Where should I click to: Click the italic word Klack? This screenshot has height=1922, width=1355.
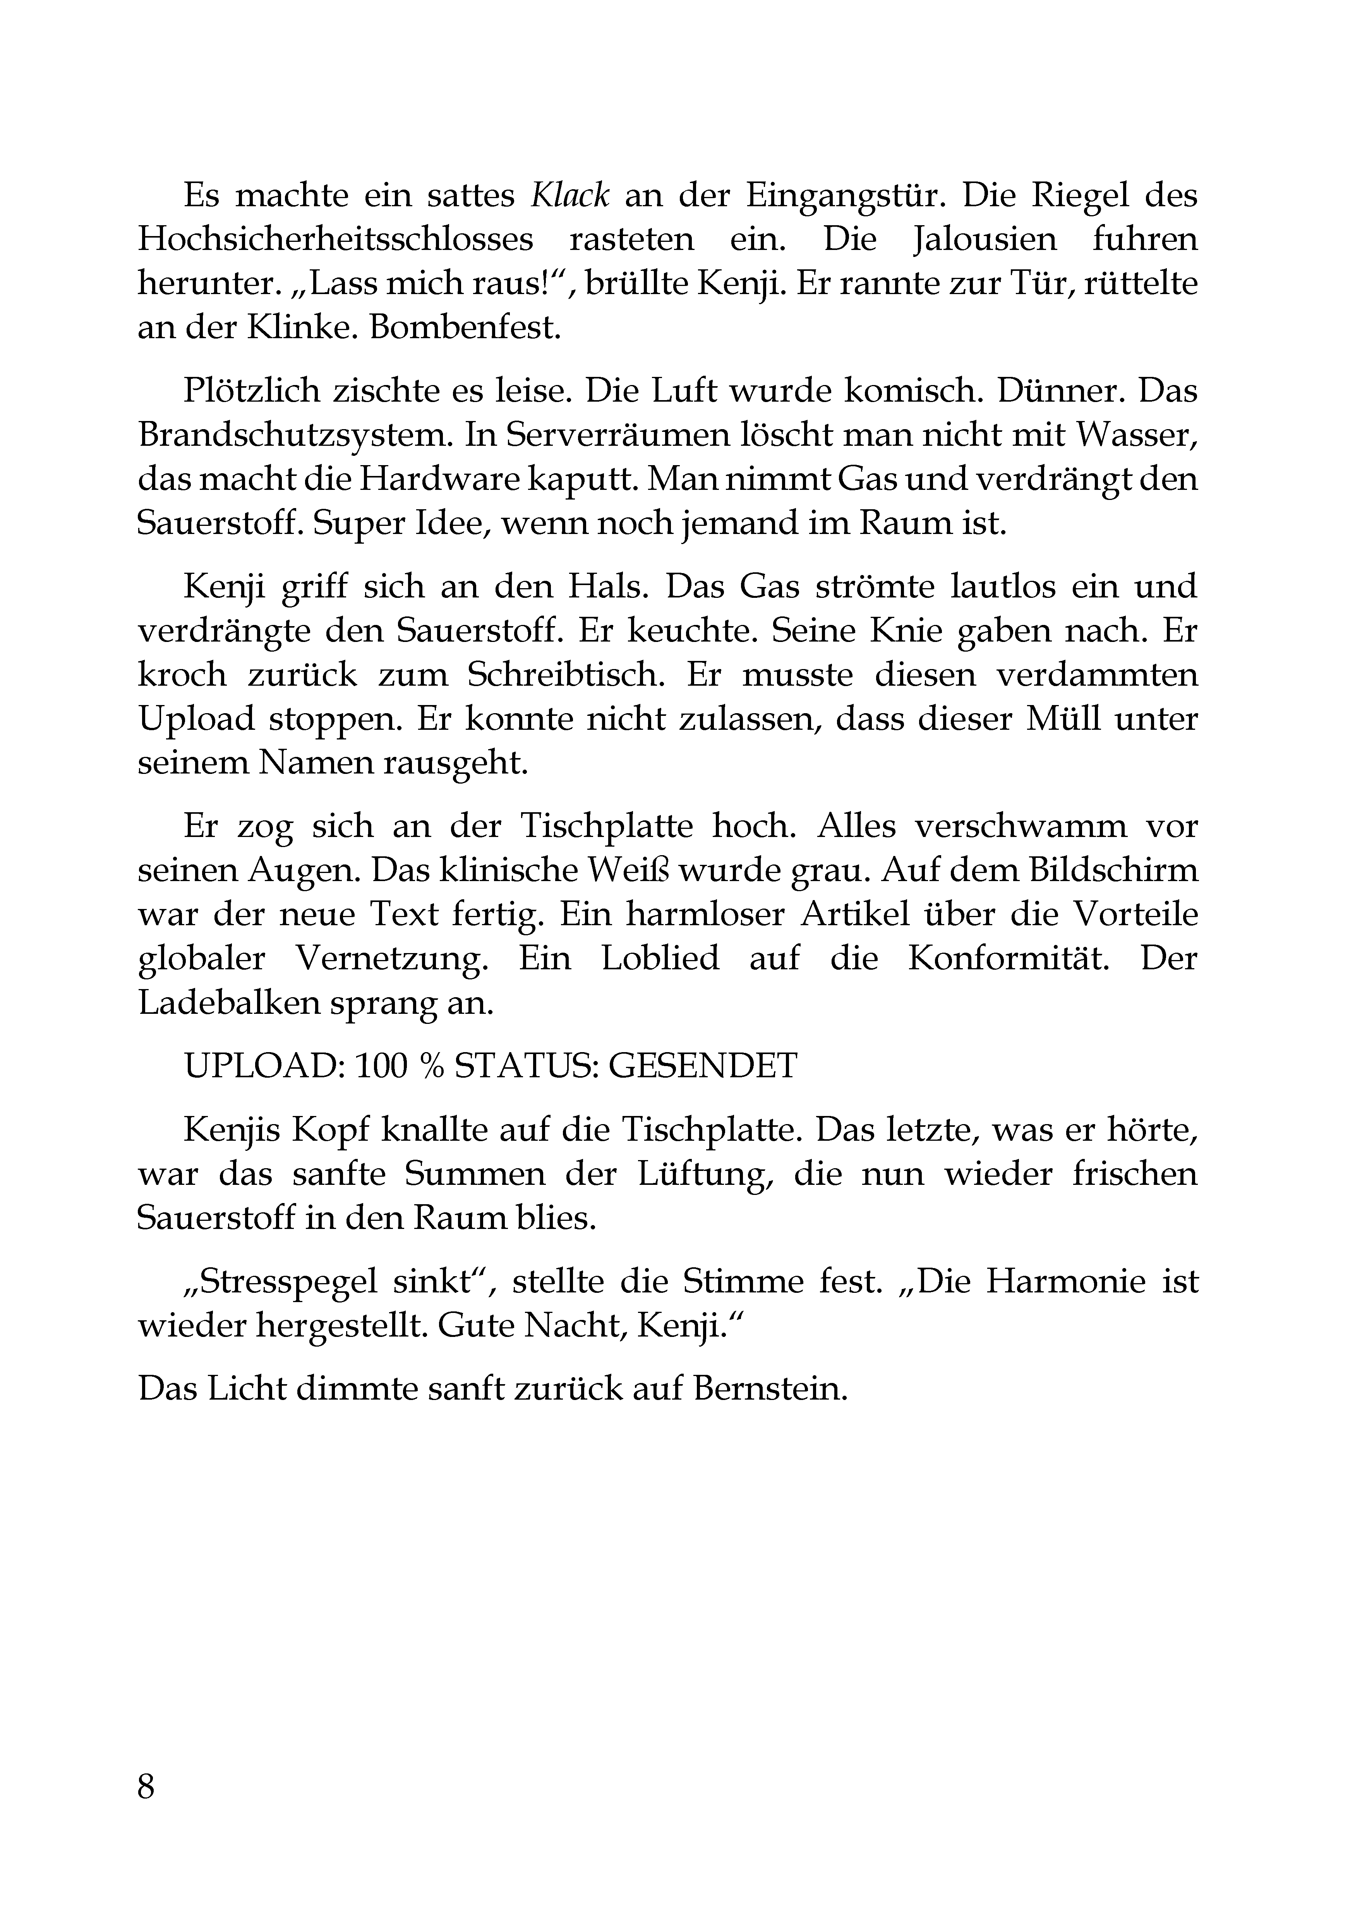569,196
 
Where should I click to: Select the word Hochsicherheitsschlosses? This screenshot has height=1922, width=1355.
335,240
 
